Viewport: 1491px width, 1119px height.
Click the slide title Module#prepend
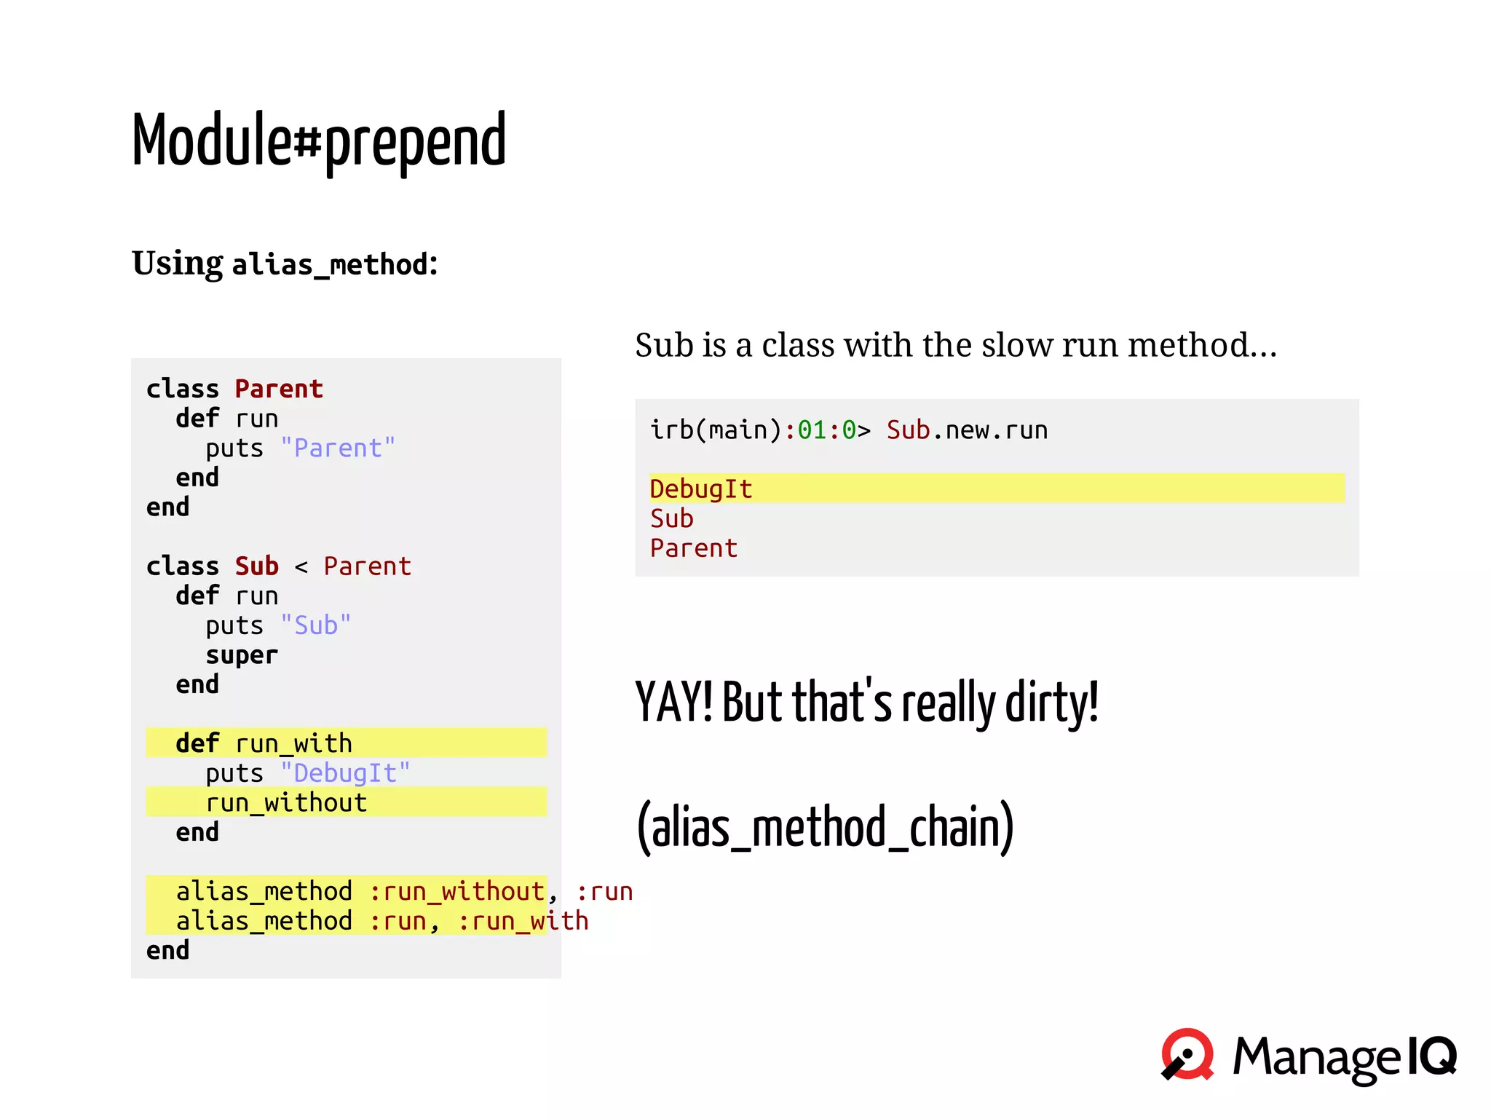(x=318, y=141)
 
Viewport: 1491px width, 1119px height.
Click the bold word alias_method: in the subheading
(x=335, y=264)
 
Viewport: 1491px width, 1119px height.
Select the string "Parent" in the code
(x=338, y=448)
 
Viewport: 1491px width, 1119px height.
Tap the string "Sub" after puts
(x=316, y=625)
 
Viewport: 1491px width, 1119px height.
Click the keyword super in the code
(x=241, y=655)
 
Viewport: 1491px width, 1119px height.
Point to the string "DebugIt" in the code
(x=345, y=773)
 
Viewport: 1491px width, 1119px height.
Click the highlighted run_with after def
(x=293, y=743)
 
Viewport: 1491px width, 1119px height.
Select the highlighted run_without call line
(x=286, y=802)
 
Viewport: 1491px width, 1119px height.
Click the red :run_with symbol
(x=523, y=922)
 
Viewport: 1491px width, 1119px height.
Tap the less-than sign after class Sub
(x=301, y=566)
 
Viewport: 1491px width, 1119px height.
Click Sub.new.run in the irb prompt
(x=967, y=430)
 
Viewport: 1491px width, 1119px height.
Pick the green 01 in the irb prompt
(x=812, y=430)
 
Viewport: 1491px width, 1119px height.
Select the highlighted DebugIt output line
(x=701, y=489)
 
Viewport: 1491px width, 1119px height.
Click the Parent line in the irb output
(x=694, y=548)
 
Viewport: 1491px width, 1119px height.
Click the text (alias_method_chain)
(x=825, y=828)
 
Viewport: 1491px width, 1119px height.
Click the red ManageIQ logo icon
(x=1187, y=1054)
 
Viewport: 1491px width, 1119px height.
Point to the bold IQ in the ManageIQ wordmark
(x=1431, y=1056)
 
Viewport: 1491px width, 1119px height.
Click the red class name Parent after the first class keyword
(x=279, y=390)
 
